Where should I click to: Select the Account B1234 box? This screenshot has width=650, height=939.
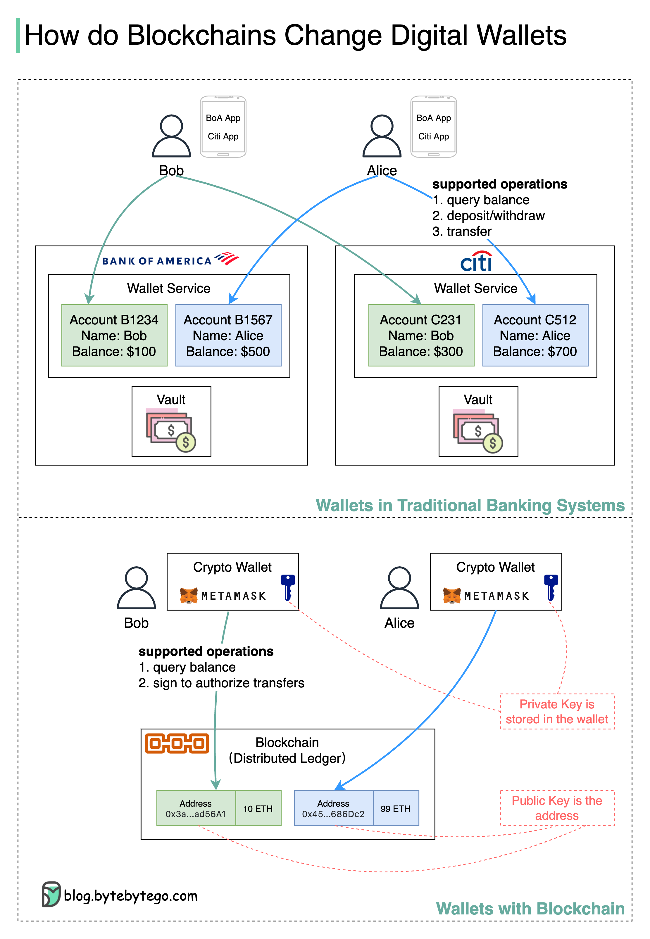tap(114, 336)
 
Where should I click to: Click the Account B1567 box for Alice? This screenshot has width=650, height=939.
tap(228, 336)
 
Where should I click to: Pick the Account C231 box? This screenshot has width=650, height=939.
tap(421, 336)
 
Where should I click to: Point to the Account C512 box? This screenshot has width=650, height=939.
tap(535, 336)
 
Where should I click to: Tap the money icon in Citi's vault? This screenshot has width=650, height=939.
tap(477, 431)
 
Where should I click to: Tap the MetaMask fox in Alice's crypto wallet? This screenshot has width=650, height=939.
tap(452, 596)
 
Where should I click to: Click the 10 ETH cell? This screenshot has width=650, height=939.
tap(258, 808)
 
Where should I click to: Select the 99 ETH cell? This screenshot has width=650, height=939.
tap(395, 808)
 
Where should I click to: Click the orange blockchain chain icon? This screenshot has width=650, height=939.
tap(177, 743)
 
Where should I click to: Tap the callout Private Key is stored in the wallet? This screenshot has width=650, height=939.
tap(557, 711)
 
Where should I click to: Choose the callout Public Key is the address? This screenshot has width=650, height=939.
tap(557, 808)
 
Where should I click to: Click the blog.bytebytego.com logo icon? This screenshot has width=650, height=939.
tap(51, 894)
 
